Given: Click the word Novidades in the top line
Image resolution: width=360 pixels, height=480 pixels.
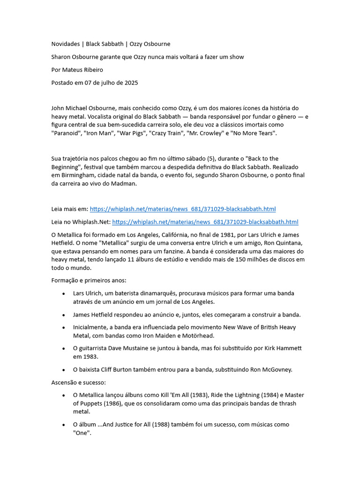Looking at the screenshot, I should (65, 44).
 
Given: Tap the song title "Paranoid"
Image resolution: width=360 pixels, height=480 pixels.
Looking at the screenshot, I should (67, 133).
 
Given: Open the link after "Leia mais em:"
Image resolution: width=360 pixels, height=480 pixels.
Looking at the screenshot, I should (182, 209).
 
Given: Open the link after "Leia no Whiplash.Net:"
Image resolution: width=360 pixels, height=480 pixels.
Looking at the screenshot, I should (205, 222).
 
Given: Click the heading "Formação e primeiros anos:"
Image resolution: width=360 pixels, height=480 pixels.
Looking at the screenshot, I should (89, 280).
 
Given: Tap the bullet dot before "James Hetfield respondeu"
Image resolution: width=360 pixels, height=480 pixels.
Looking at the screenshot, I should (63, 315).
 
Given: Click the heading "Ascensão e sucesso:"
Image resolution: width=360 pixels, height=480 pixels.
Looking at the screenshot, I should (79, 382).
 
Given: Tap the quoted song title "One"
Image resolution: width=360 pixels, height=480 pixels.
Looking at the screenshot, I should (82, 433).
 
